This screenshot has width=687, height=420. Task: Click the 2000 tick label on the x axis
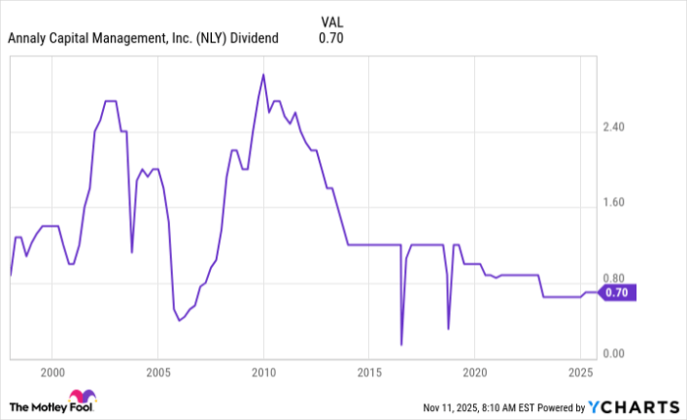point(52,373)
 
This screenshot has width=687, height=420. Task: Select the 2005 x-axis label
point(158,373)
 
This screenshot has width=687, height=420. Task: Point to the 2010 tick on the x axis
point(263,373)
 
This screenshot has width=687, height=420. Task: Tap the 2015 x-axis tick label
point(368,373)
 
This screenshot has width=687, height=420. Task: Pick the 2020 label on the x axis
point(474,373)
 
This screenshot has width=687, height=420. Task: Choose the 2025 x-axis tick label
point(579,373)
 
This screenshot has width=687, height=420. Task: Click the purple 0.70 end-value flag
point(619,291)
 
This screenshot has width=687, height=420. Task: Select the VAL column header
point(332,21)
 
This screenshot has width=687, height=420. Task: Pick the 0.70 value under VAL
point(331,39)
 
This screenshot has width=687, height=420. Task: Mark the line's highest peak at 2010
point(263,75)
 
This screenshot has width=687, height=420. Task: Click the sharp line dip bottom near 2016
point(401,344)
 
